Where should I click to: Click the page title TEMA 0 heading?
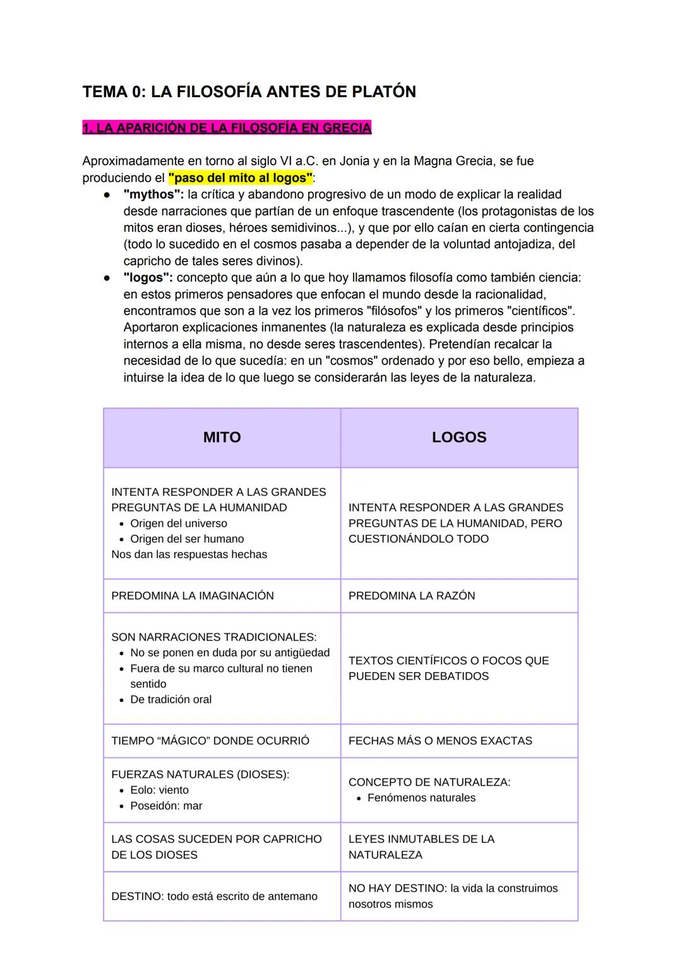coord(249,92)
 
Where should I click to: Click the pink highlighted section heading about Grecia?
coord(227,128)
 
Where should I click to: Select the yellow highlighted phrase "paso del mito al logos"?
coord(241,177)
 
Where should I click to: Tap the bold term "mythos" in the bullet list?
coord(153,194)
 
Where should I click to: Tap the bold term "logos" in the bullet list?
coord(148,278)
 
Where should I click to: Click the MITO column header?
coord(222,438)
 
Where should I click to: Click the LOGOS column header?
coord(459,438)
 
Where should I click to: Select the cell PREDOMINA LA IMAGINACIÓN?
coord(193,595)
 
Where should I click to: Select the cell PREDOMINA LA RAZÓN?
coord(412,595)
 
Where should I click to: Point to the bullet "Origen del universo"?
coord(179,523)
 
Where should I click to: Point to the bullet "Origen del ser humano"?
coord(187,539)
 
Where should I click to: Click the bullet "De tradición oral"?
coord(170,699)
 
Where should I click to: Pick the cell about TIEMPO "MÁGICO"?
coord(210,741)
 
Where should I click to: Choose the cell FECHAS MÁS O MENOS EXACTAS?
coord(440,741)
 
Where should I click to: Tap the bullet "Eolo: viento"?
coord(159,790)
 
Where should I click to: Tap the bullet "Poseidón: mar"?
coord(166,806)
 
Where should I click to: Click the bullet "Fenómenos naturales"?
coord(421,798)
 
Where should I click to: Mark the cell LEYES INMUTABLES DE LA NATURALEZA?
coord(421,847)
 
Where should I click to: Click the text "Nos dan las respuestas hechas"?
coord(189,554)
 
